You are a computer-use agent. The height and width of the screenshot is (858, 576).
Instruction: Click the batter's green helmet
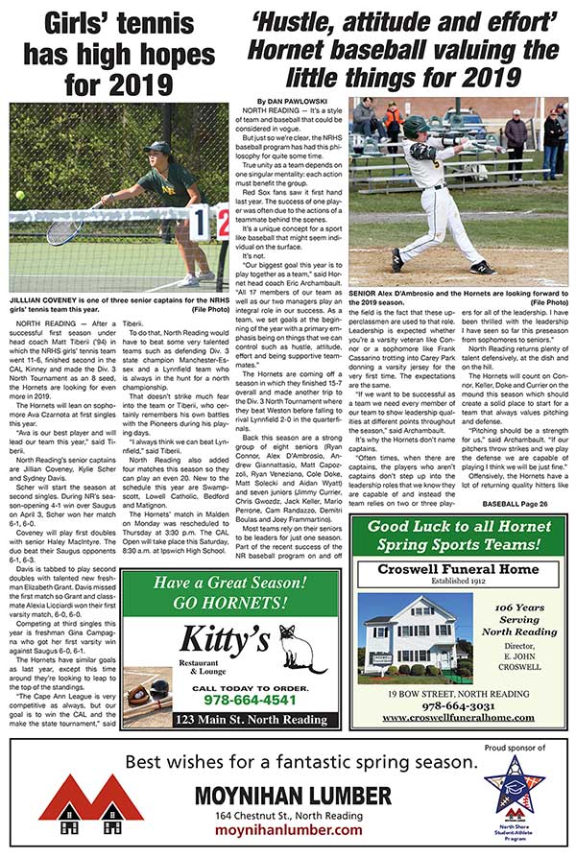pos(416,127)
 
